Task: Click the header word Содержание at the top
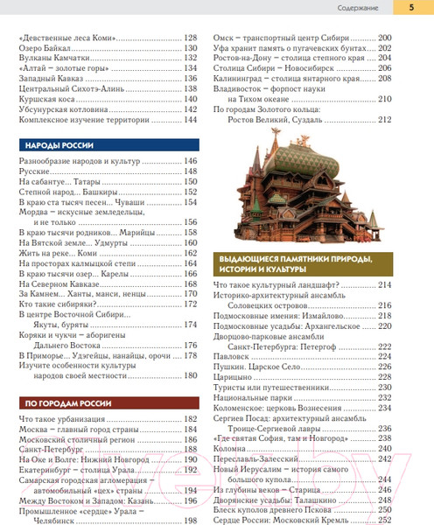pyautogui.click(x=357, y=10)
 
